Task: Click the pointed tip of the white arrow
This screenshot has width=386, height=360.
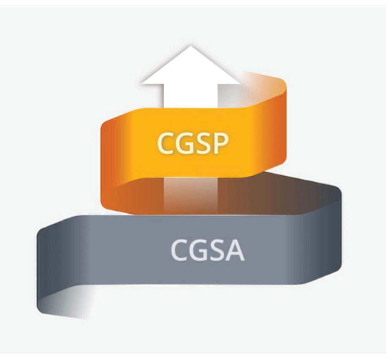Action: click(x=191, y=46)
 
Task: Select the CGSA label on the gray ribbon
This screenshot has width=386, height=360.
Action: click(x=208, y=250)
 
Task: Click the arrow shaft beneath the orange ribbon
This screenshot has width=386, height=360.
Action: click(x=191, y=194)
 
